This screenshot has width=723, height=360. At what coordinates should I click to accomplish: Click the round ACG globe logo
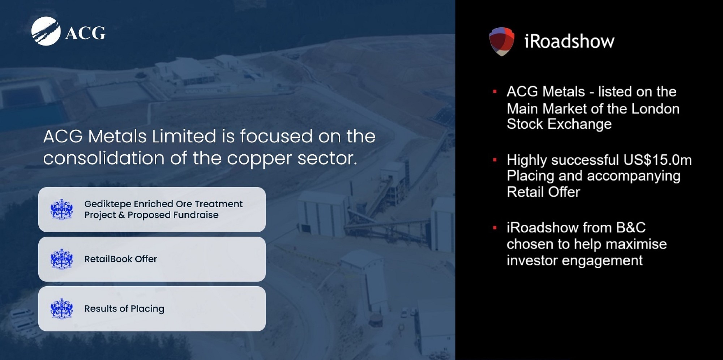[x=46, y=31]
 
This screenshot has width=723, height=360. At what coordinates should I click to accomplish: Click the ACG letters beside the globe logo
[x=85, y=33]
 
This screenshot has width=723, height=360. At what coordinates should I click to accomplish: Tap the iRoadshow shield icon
[x=502, y=41]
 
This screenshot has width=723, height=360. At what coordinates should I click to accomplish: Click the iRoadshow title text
[x=569, y=41]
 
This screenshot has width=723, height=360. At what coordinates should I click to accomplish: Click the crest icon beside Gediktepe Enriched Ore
[x=61, y=210]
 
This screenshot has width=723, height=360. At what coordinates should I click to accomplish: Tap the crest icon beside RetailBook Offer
[x=61, y=259]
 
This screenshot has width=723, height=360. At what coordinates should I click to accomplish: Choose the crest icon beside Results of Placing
[x=61, y=309]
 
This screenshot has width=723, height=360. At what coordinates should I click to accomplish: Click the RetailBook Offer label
[x=120, y=259]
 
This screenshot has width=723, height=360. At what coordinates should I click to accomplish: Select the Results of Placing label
[x=124, y=309]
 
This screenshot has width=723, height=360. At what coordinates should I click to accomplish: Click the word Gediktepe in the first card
[x=107, y=204]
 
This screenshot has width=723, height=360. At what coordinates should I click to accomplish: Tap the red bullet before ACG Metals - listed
[x=495, y=92]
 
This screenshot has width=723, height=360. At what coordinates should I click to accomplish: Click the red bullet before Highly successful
[x=495, y=160]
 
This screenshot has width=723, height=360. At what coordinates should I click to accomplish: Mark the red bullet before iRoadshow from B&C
[x=495, y=228]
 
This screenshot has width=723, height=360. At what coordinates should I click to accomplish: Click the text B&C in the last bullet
[x=631, y=228]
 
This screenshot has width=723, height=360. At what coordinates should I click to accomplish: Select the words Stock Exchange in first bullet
[x=559, y=124]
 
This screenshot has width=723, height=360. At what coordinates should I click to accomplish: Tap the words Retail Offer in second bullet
[x=543, y=192]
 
